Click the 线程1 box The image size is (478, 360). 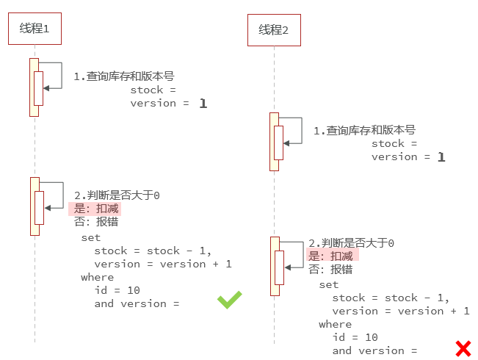point(35,29)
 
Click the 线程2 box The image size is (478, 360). point(274,30)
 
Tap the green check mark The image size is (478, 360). point(229,299)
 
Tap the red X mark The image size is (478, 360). point(463,348)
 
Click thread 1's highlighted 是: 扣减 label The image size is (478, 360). point(95,209)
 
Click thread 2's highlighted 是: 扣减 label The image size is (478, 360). point(332,256)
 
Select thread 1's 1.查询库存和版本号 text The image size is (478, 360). point(123,76)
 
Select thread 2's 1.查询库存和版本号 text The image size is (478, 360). point(364,130)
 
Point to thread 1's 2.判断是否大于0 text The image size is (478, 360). point(117,195)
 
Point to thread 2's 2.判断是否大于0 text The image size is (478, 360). point(352,242)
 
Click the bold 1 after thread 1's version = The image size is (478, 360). point(203,104)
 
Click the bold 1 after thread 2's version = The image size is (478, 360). point(441,157)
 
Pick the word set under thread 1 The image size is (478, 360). point(90,237)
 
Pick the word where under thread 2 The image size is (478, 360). point(335,324)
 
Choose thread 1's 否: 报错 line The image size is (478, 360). point(95,222)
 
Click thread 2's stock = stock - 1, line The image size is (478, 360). point(391,298)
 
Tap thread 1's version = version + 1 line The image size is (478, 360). point(163,264)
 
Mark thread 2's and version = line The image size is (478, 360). point(374,350)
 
